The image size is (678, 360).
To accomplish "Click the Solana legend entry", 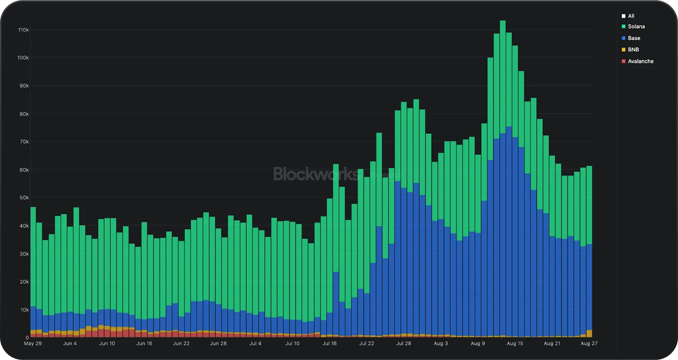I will pos(636,27).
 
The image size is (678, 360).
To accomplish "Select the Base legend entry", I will pos(634,38).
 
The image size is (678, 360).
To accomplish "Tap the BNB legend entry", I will pos(633,50).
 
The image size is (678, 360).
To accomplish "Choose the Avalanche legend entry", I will pos(640,61).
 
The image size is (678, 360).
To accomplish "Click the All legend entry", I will pos(631,16).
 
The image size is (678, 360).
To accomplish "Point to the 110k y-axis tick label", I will pos(23,30).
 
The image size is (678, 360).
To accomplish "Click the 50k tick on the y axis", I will pos(23,198).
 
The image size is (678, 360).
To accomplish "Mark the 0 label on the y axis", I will pos(27,337).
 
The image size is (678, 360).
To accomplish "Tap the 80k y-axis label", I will pos(23,114).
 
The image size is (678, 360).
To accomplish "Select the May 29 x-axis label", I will pos(33,344).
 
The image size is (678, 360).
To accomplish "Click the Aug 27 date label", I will pos(589,344).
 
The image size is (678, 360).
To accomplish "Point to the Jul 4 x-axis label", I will pos(255,344).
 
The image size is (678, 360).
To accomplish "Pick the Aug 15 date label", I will pos(515,344).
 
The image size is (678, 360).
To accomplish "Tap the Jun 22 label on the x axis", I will pos(181,344).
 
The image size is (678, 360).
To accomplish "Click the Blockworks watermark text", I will pos(316,174).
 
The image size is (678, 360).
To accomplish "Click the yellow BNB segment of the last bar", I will pos(589,333).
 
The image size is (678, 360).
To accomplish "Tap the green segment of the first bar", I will pos(33,256).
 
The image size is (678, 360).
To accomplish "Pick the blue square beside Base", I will pos(624,38).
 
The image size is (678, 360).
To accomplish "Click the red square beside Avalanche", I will pos(624,61).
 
